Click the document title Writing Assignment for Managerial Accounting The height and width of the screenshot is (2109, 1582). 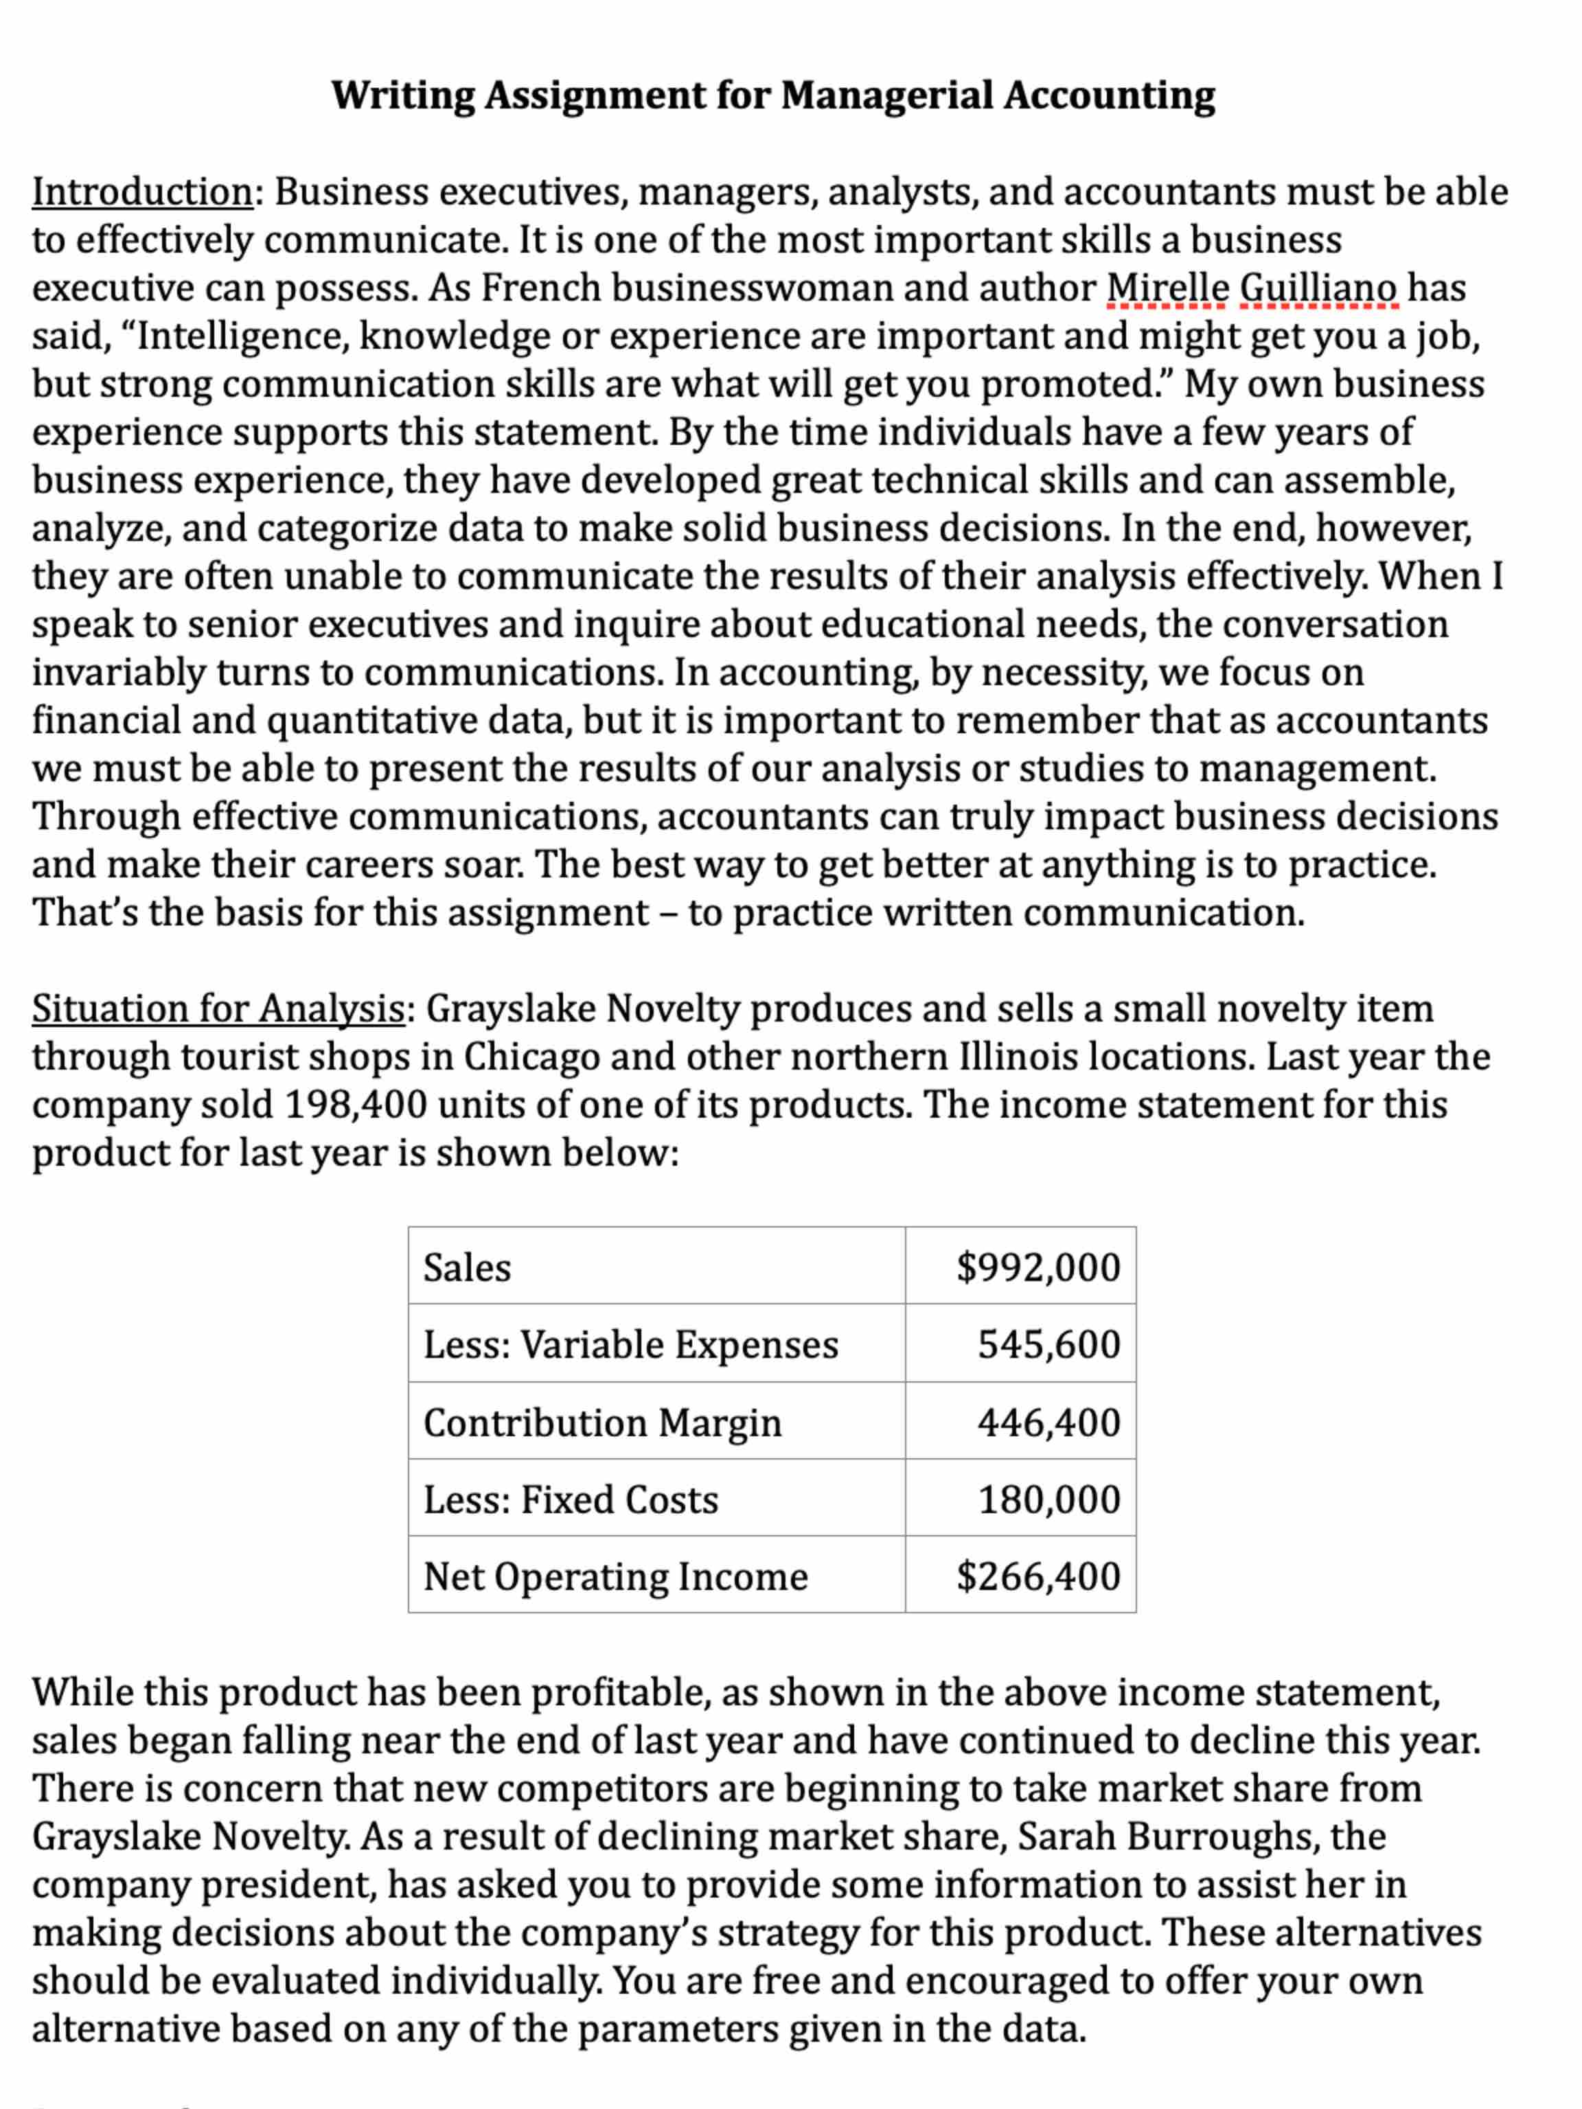[x=772, y=95]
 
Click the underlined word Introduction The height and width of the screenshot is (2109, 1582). [x=142, y=192]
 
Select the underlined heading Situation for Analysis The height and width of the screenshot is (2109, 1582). [x=218, y=1008]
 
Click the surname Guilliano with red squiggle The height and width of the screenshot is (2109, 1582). [x=1319, y=288]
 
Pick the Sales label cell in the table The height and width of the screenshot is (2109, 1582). [x=468, y=1267]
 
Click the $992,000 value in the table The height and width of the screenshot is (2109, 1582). [x=1038, y=1267]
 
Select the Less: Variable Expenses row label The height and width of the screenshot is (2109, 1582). [x=630, y=1344]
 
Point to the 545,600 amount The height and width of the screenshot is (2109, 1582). [x=1048, y=1344]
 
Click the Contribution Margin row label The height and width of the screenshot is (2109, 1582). [x=601, y=1422]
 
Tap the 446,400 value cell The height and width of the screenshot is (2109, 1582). [x=1048, y=1422]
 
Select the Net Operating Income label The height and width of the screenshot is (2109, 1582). [x=615, y=1576]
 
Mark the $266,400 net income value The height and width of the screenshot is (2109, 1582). [x=1038, y=1576]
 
